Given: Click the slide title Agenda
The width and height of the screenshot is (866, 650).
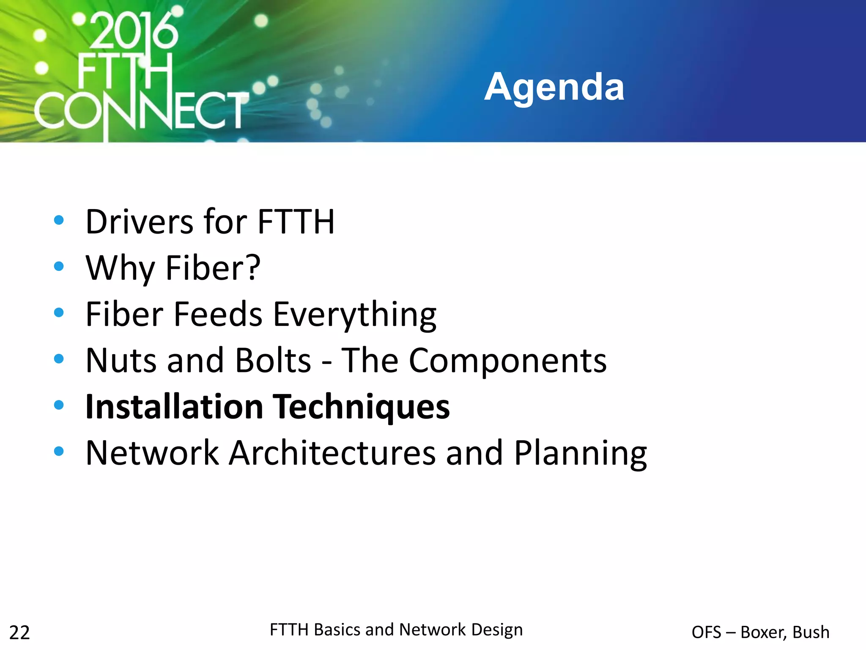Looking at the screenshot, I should click(x=554, y=87).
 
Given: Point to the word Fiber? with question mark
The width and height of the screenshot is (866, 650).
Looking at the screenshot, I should click(x=213, y=268).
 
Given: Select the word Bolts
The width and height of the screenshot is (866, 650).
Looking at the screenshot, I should click(x=273, y=361).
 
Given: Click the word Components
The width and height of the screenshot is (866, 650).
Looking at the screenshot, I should click(x=507, y=361).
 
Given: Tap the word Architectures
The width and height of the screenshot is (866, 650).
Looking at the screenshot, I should click(x=332, y=453).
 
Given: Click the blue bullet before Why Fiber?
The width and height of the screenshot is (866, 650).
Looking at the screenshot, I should click(x=59, y=267).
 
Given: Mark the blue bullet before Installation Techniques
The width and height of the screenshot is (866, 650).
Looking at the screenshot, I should click(x=59, y=405).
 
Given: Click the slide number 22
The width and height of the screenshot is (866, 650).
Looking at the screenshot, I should click(x=19, y=633).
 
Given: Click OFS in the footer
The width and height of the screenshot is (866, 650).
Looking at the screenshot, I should click(x=706, y=632).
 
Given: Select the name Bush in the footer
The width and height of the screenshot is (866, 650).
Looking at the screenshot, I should click(x=811, y=632).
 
